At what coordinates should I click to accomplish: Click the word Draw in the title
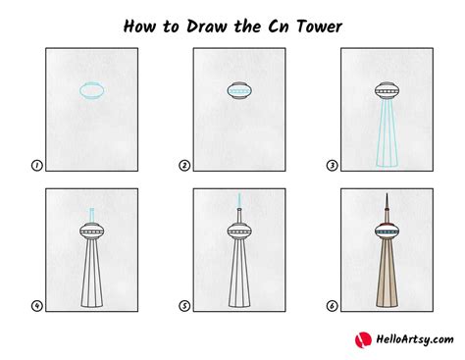coord(207,26)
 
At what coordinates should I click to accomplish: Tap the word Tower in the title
coord(320,26)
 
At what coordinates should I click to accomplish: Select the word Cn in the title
coord(279,26)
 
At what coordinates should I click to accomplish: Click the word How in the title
coord(139,26)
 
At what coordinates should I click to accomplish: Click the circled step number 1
coord(37,166)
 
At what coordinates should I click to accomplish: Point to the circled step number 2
coord(184,166)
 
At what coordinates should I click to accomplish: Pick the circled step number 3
coord(332,166)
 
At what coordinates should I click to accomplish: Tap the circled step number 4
coord(37,306)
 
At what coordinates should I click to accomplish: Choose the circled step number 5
coord(184,306)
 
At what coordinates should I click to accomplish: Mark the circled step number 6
coord(332,306)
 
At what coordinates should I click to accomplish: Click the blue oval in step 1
coord(80,90)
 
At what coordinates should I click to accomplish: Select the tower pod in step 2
coord(239,90)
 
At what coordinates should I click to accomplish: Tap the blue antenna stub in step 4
coord(92,216)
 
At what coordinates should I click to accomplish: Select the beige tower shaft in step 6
coord(387,274)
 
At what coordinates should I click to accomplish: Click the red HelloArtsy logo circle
coord(363,340)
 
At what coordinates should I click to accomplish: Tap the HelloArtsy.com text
coord(415,339)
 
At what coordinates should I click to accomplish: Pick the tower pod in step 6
coord(387,231)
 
